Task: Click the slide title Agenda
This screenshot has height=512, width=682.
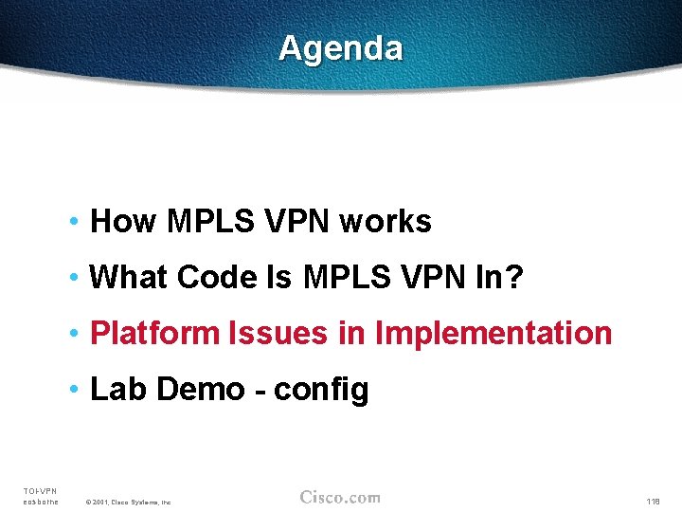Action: (x=340, y=47)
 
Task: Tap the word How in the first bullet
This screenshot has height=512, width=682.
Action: (x=123, y=222)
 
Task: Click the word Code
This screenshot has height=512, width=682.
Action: (x=216, y=278)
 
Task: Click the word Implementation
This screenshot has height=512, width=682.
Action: (x=494, y=334)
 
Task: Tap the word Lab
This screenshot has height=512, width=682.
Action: (x=117, y=390)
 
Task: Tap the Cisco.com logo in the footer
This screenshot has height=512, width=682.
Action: (x=340, y=497)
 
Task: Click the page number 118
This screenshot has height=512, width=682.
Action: (x=653, y=501)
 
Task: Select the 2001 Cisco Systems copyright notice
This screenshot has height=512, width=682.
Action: (x=128, y=502)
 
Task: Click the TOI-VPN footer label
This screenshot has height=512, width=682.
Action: (x=40, y=490)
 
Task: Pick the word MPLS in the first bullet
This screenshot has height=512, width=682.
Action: (x=209, y=222)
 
